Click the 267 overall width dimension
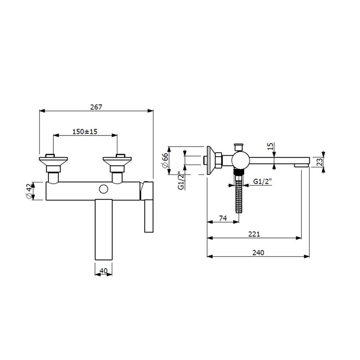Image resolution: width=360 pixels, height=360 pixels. (x=96, y=107)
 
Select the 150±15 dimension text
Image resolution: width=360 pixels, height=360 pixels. (x=85, y=132)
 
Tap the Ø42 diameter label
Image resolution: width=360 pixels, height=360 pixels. (x=29, y=191)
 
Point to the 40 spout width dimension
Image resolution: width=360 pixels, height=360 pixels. (x=104, y=271)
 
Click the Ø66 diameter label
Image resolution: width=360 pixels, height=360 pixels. (x=165, y=160)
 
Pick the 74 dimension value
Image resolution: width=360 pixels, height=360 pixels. (x=223, y=218)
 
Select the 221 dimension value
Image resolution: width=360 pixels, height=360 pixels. (x=254, y=234)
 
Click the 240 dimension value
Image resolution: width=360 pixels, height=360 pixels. (x=258, y=253)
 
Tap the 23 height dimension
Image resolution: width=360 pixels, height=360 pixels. (x=320, y=162)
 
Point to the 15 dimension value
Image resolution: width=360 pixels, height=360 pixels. (x=271, y=146)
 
